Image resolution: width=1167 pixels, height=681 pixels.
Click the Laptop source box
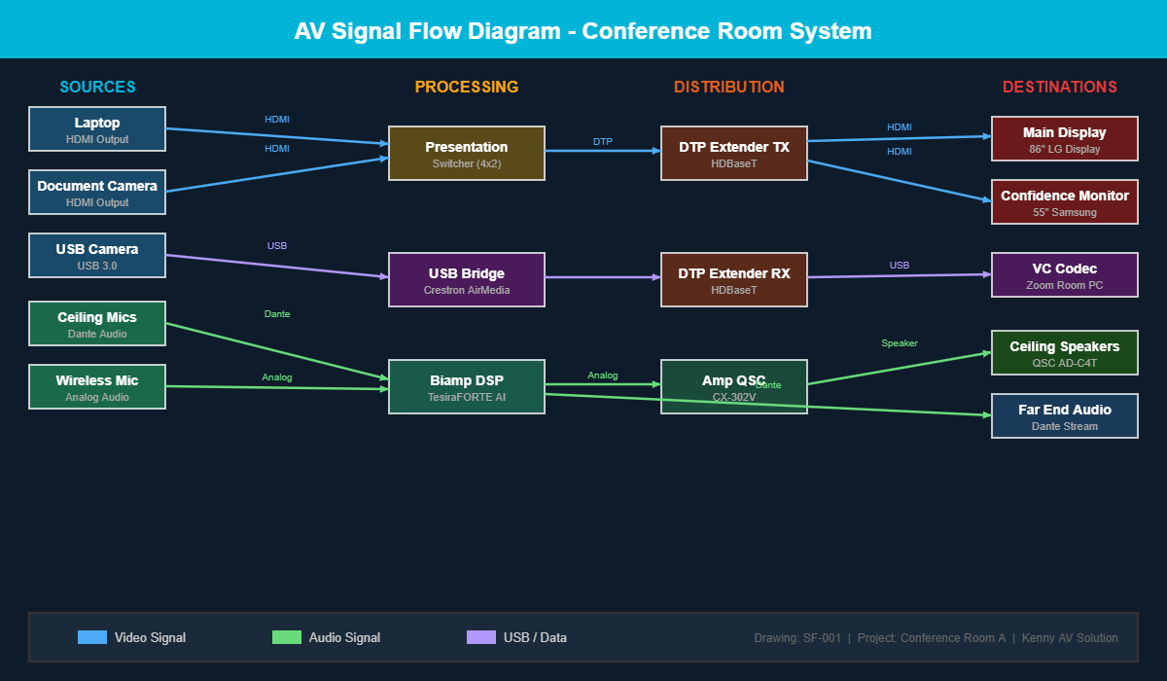point(97,129)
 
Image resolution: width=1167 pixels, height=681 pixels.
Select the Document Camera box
point(97,193)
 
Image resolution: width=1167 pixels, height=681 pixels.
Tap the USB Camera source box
point(97,256)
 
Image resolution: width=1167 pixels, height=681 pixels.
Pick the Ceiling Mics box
point(97,324)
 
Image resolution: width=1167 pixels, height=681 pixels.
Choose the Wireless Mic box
point(97,387)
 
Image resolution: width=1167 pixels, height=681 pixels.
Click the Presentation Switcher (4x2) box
point(467,154)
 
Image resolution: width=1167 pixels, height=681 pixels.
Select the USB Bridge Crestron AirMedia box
point(467,280)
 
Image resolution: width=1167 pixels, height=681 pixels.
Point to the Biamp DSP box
point(467,387)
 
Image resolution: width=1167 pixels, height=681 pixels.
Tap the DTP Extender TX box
point(734,154)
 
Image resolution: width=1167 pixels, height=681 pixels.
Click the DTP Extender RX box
point(734,280)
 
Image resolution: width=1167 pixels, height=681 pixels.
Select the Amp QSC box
point(734,387)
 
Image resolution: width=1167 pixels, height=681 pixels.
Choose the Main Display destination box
point(1065,139)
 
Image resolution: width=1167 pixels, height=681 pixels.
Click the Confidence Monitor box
point(1065,202)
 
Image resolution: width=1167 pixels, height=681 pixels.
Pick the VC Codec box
point(1065,275)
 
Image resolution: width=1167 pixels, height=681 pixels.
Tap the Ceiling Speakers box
point(1065,353)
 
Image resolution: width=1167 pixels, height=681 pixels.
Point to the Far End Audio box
point(1065,416)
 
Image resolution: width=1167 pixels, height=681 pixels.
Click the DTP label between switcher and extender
point(603,142)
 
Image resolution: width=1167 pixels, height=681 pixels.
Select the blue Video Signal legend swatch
point(92,637)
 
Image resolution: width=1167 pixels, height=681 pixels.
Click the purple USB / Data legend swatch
point(481,637)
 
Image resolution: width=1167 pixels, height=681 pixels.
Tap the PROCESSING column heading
point(467,87)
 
